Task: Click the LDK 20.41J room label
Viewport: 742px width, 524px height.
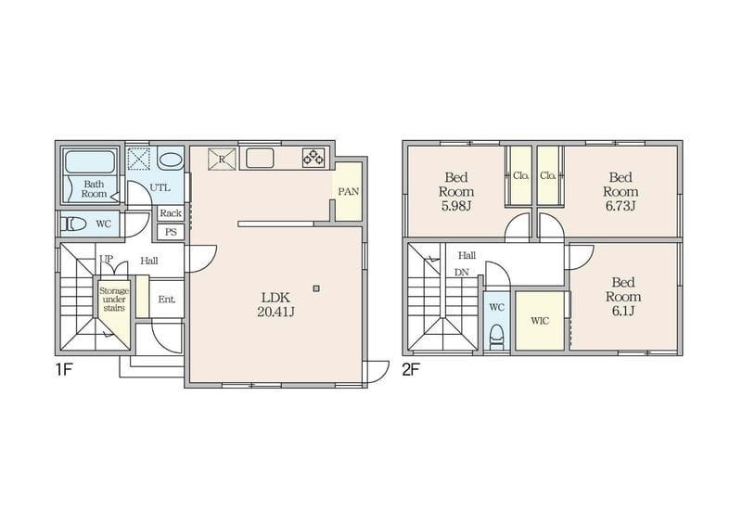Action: pos(275,304)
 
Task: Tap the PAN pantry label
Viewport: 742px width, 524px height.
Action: pos(349,192)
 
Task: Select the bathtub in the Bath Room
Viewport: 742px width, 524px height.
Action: pos(90,161)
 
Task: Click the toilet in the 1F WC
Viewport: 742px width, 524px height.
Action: pos(75,224)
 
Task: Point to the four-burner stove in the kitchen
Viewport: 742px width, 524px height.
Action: pos(313,157)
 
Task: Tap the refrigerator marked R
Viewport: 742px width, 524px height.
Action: pos(222,159)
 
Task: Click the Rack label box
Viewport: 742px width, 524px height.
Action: pos(171,213)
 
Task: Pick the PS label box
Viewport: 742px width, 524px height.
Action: pos(171,232)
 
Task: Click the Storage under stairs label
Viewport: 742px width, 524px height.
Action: pos(114,300)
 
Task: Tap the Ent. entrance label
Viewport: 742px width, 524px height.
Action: pos(167,300)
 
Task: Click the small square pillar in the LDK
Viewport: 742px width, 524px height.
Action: pos(316,288)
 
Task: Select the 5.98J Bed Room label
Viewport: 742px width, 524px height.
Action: pos(456,192)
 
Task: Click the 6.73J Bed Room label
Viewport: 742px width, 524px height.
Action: pos(620,192)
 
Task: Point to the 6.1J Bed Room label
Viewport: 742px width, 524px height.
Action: pos(623,297)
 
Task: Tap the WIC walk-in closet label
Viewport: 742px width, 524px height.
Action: pos(540,321)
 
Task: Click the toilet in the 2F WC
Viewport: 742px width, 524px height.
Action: pos(496,337)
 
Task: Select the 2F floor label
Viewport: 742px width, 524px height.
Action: pos(411,369)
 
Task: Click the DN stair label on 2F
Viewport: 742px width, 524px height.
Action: pos(461,273)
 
